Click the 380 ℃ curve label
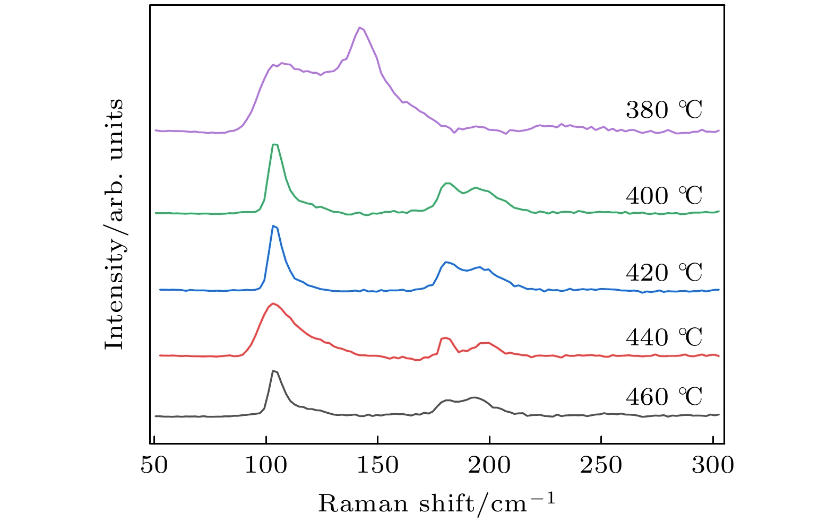(663, 110)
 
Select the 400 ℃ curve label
(663, 196)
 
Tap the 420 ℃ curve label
(663, 273)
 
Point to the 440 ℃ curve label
(663, 337)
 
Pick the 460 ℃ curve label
(663, 397)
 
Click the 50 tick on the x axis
(154, 465)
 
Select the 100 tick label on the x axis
(266, 465)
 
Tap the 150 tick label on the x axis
(377, 465)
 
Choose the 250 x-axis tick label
(601, 465)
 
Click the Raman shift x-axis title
(436, 503)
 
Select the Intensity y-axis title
(114, 224)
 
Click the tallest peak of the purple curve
(360, 28)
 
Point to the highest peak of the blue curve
(273, 226)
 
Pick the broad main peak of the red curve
(273, 304)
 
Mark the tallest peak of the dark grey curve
(273, 371)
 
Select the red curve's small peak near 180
(445, 338)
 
